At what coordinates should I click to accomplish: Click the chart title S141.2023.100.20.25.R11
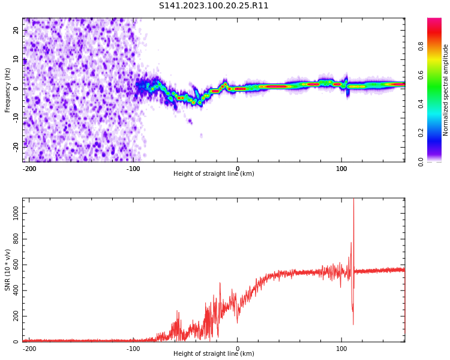[214, 6]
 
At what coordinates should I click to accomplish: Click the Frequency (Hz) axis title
[8, 90]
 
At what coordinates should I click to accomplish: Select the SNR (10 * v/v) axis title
[8, 270]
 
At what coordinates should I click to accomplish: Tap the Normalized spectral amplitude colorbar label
[446, 90]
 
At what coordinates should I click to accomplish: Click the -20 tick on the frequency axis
[15, 146]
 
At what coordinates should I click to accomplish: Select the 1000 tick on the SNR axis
[12, 214]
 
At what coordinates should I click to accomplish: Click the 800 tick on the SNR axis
[14, 239]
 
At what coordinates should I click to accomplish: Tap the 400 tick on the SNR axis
[14, 290]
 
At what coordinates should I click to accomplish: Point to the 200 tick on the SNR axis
[14, 316]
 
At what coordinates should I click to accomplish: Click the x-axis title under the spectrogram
[214, 174]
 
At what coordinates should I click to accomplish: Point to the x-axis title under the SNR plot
[214, 354]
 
